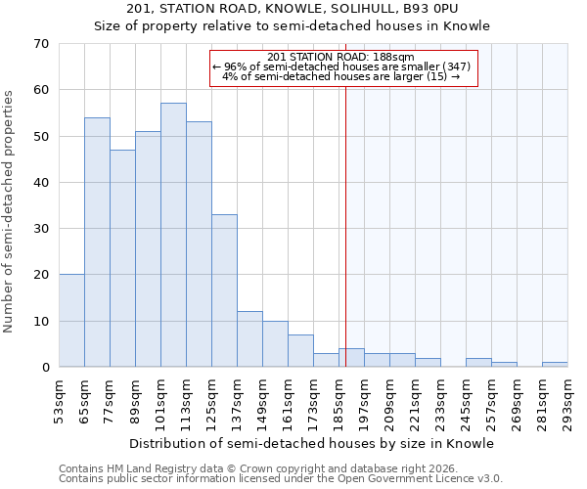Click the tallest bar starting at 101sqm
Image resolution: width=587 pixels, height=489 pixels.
click(x=173, y=235)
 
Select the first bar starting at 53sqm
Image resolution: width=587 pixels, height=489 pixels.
click(x=71, y=321)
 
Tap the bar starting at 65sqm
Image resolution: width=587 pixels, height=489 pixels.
click(x=97, y=243)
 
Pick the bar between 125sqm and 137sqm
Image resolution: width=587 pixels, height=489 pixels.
click(x=224, y=290)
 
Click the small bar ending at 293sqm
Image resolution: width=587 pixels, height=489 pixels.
click(x=555, y=365)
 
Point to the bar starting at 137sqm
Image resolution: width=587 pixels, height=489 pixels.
click(x=249, y=339)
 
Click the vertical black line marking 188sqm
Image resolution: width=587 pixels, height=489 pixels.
click(x=345, y=215)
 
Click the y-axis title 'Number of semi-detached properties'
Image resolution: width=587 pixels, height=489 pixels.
click(x=9, y=211)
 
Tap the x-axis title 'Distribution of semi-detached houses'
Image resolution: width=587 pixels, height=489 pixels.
click(x=311, y=443)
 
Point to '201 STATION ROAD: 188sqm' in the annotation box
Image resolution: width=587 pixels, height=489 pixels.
click(x=340, y=57)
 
